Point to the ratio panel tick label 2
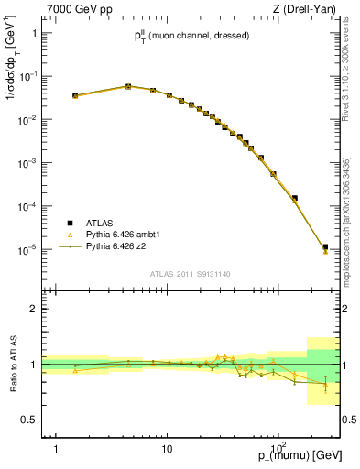(x=35, y=309)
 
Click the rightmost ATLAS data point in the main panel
(x=325, y=246)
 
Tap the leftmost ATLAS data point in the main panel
(x=75, y=94)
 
